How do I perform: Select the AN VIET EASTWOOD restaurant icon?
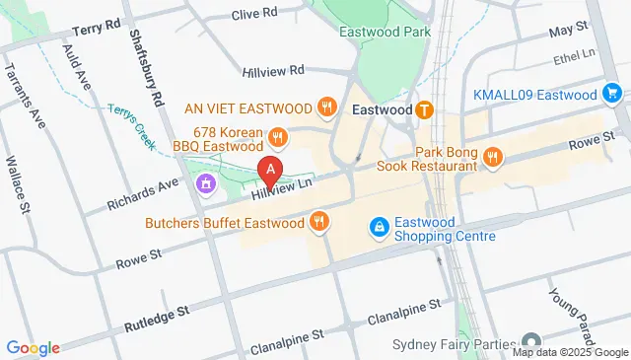[x=324, y=106]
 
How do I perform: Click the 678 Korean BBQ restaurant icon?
[x=279, y=137]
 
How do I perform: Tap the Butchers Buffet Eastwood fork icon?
[x=318, y=223]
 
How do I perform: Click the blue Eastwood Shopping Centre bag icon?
[x=378, y=228]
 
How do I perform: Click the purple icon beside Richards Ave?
[x=205, y=182]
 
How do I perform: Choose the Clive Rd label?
[x=254, y=15]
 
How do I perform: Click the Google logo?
[x=33, y=347]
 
